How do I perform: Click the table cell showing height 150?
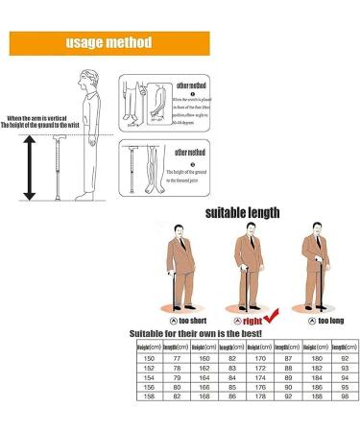pos(146,357)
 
